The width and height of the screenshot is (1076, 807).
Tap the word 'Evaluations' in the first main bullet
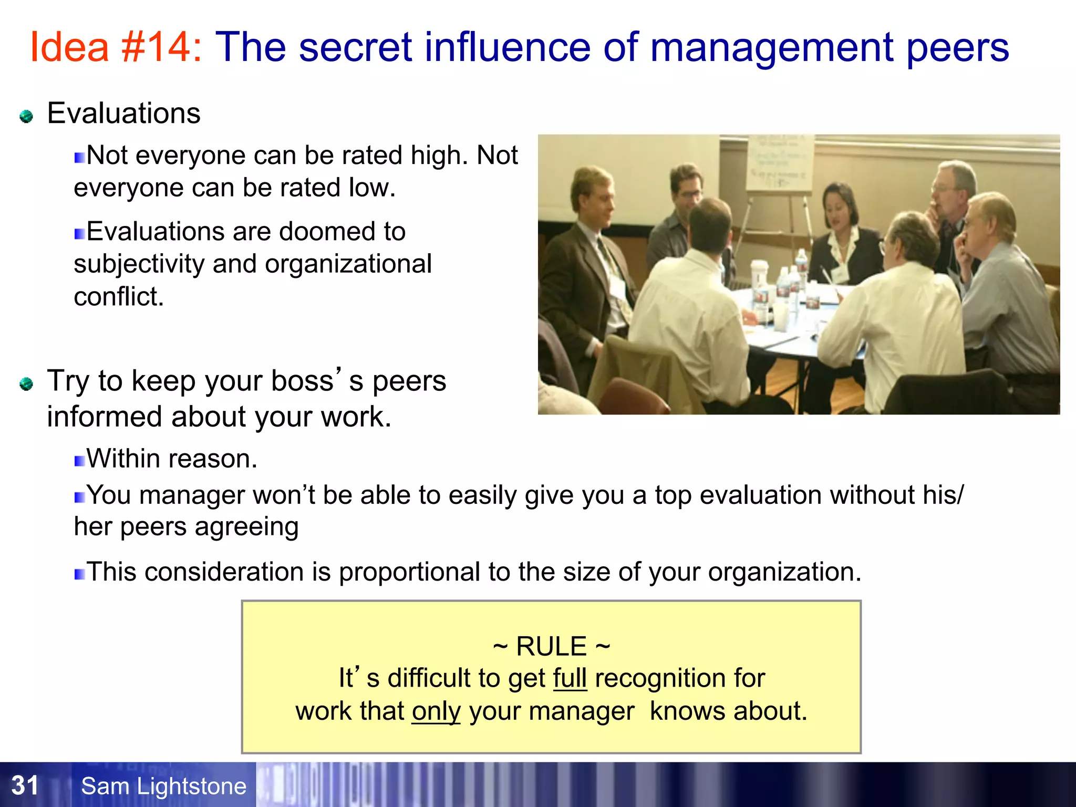pyautogui.click(x=123, y=113)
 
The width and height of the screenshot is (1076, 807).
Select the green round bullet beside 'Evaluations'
pyautogui.click(x=26, y=116)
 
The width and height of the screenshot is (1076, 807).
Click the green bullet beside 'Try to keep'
pyautogui.click(x=26, y=384)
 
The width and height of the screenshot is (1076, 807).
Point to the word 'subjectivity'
pyautogui.click(x=139, y=264)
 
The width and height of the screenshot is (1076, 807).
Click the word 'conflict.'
pyautogui.click(x=119, y=297)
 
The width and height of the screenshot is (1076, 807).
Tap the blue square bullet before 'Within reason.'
pyautogui.click(x=79, y=461)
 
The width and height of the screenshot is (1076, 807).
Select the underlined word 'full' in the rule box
pyautogui.click(x=570, y=678)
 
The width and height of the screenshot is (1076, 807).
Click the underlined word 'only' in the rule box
pyautogui.click(x=436, y=711)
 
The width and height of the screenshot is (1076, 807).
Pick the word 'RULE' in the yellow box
pyautogui.click(x=551, y=646)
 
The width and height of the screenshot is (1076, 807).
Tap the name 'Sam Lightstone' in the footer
pyautogui.click(x=163, y=787)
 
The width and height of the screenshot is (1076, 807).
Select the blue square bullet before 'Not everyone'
pyautogui.click(x=79, y=158)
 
